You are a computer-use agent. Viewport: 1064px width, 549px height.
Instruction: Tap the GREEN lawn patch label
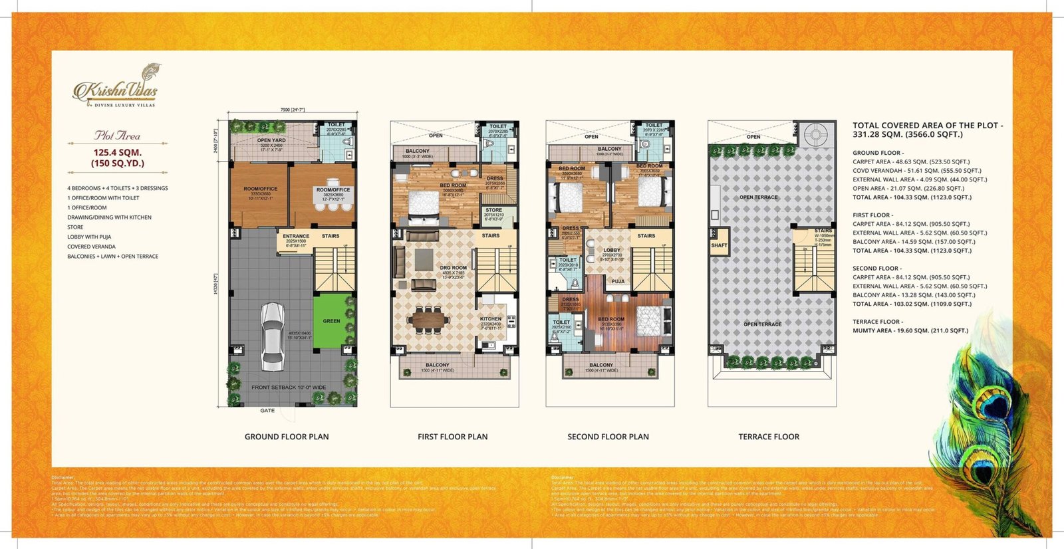pyautogui.click(x=331, y=321)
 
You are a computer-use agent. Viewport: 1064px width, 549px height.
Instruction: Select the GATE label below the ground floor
pyautogui.click(x=267, y=411)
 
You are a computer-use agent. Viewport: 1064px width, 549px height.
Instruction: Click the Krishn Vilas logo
pyautogui.click(x=116, y=87)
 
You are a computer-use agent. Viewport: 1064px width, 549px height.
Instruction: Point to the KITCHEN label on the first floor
pyautogui.click(x=491, y=319)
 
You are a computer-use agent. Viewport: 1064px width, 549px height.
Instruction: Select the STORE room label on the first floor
pyautogui.click(x=493, y=210)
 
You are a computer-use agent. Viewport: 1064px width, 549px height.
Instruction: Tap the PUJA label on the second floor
pyautogui.click(x=618, y=281)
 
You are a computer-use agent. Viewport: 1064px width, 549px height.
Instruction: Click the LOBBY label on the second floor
pyautogui.click(x=612, y=251)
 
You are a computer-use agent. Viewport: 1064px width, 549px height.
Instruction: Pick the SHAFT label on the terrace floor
pyautogui.click(x=719, y=245)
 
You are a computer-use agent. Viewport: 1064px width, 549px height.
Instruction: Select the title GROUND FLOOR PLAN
pyautogui.click(x=287, y=437)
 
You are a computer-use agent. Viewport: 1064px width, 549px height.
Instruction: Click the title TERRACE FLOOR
pyautogui.click(x=769, y=437)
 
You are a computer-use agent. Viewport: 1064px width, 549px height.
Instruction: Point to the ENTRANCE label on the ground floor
pyautogui.click(x=296, y=236)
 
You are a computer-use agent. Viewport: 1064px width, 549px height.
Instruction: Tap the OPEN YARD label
pyautogui.click(x=271, y=140)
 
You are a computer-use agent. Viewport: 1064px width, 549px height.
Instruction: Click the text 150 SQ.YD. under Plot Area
pyautogui.click(x=118, y=164)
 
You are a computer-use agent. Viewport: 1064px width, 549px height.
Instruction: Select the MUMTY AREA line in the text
pyautogui.click(x=910, y=330)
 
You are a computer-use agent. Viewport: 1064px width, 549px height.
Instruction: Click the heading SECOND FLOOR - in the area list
pyautogui.click(x=876, y=269)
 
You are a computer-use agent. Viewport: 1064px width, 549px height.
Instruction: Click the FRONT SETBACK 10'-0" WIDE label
pyautogui.click(x=289, y=387)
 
